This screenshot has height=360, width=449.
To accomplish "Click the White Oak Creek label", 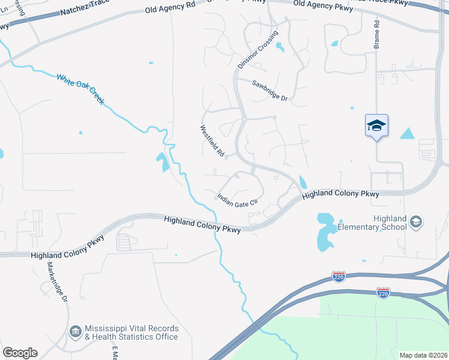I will coord(80,89).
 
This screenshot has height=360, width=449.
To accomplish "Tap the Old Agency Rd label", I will coord(170,10).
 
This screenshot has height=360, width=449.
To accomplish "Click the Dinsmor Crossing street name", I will coord(258,49).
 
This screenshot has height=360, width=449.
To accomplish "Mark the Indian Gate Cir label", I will coord(237,199).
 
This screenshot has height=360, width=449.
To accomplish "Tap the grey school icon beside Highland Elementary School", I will coord(415,223).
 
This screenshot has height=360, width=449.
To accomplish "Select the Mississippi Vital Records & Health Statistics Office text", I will coord(131,332).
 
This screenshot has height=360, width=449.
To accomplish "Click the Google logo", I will coord(20,353).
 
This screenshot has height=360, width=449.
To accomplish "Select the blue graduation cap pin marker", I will coord(376,126).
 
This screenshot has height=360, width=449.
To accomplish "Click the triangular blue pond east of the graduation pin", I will coord(408,134).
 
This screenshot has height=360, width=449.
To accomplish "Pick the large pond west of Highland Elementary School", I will coord(325,231).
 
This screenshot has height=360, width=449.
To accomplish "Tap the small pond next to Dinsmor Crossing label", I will coord(279,48).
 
